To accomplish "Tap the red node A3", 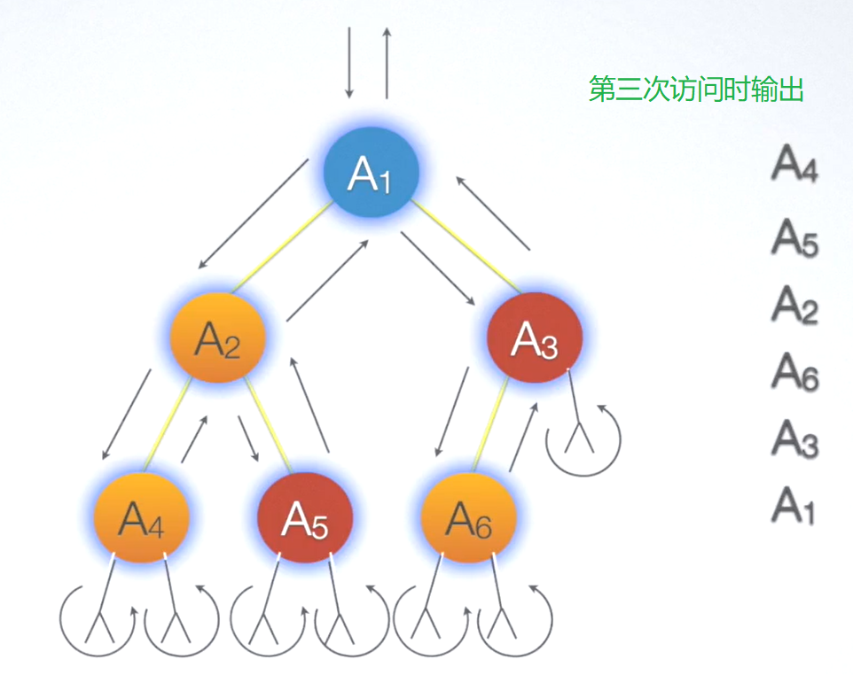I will pyautogui.click(x=535, y=337).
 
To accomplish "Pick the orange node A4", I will pyautogui.click(x=142, y=517).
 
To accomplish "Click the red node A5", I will pyautogui.click(x=305, y=517).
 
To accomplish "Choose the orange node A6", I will pyautogui.click(x=468, y=517).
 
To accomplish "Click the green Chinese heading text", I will pyautogui.click(x=696, y=89).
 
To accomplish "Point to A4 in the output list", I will pyautogui.click(x=794, y=164).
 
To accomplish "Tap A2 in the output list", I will pyautogui.click(x=794, y=304).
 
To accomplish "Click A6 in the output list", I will pyautogui.click(x=794, y=371).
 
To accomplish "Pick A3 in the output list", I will pyautogui.click(x=794, y=438).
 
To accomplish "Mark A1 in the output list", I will pyautogui.click(x=794, y=505).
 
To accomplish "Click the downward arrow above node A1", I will pyautogui.click(x=349, y=62).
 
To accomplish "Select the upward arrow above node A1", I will pyautogui.click(x=387, y=62).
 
